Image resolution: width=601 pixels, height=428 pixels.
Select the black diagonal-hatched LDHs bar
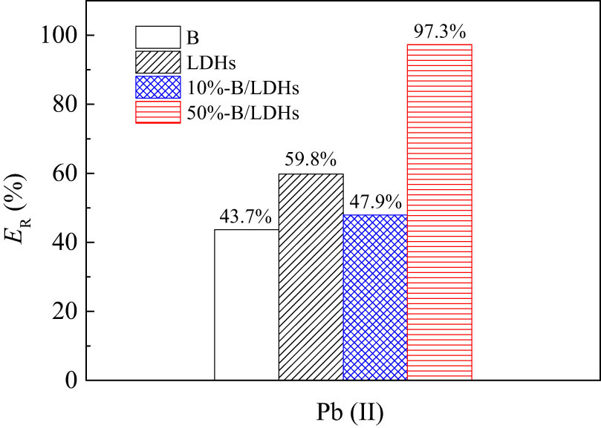[x=311, y=277]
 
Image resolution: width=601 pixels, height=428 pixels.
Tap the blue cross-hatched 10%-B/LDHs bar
[x=375, y=297]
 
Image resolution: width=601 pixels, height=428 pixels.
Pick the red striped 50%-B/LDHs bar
[x=439, y=212]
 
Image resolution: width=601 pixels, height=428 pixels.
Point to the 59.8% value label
[x=311, y=160]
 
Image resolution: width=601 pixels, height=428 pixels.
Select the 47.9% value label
[x=375, y=202]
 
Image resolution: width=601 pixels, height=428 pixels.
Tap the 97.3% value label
[x=439, y=32]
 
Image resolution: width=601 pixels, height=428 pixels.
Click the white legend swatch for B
[x=157, y=36]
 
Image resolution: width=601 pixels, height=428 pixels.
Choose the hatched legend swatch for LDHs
[x=157, y=62]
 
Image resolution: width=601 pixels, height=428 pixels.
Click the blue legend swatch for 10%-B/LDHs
[x=157, y=87]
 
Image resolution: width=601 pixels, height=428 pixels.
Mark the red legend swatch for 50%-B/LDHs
[x=157, y=112]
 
